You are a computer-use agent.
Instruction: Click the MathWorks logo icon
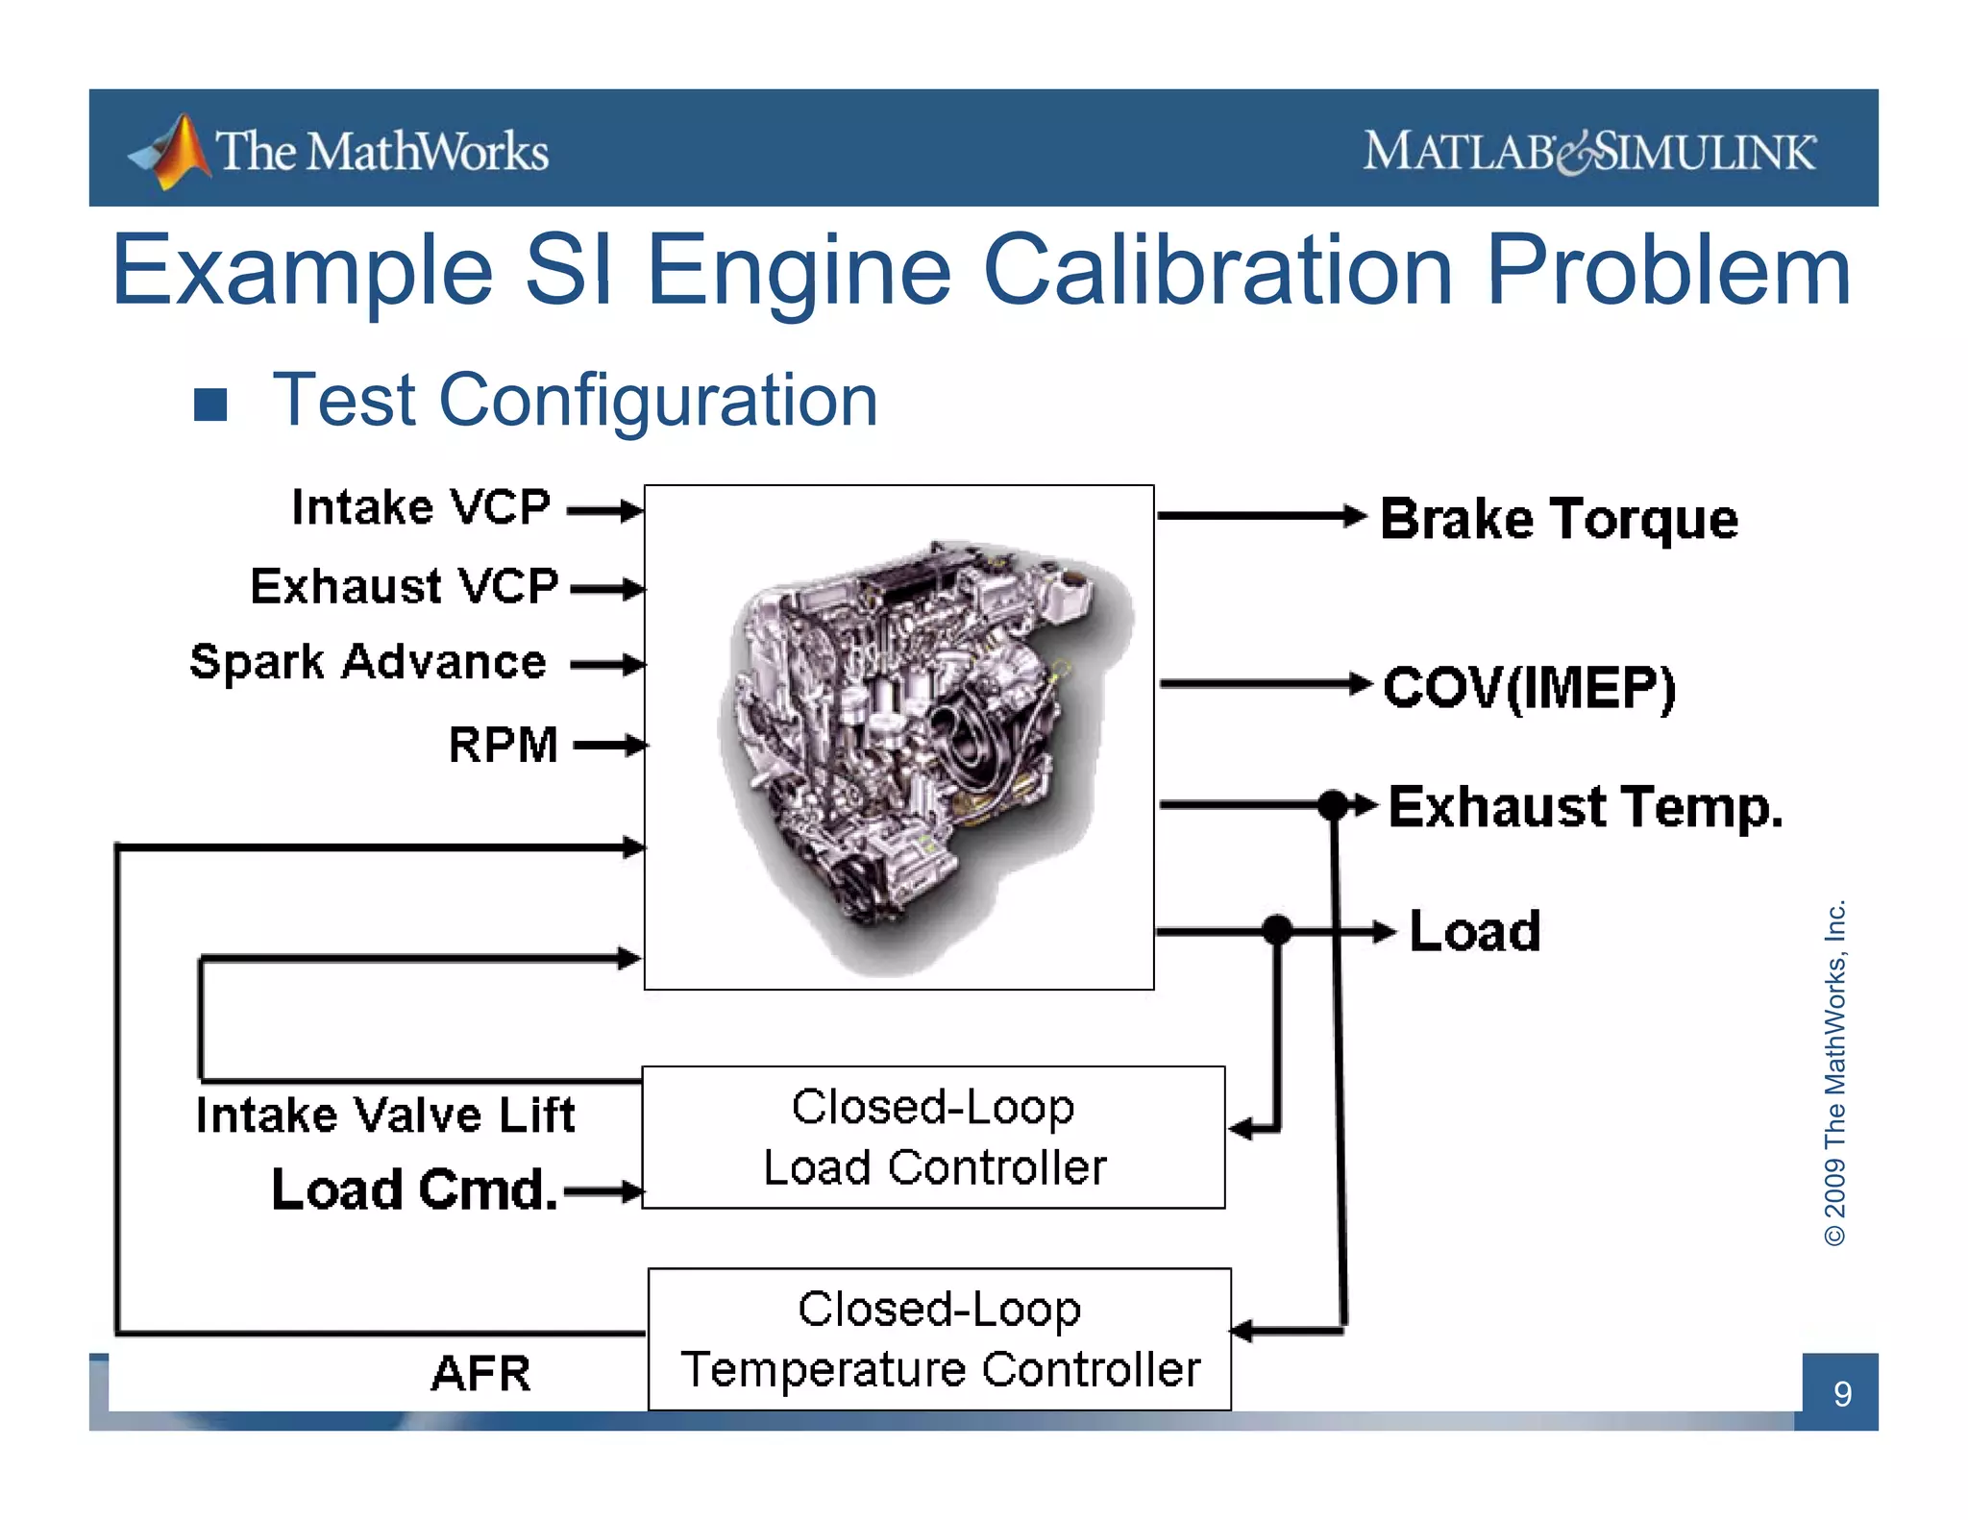(x=173, y=152)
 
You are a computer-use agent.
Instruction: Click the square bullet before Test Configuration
(x=210, y=405)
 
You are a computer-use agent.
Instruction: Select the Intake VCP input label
(x=421, y=507)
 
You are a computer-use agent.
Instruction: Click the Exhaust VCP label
(x=404, y=586)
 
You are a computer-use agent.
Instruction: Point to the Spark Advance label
(x=368, y=662)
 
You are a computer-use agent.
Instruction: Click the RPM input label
(x=503, y=745)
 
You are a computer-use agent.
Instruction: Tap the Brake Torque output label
(x=1559, y=520)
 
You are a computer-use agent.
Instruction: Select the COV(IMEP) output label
(x=1529, y=688)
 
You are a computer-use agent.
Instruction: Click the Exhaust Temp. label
(x=1586, y=807)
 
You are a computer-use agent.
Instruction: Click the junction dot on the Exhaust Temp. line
(x=1333, y=804)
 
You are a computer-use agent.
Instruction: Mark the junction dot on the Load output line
(x=1276, y=930)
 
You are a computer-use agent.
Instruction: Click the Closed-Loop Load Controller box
(x=933, y=1138)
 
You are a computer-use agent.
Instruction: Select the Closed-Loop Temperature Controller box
(x=939, y=1339)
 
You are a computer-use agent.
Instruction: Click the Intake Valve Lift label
(x=384, y=1115)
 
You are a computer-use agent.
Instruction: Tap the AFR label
(x=480, y=1373)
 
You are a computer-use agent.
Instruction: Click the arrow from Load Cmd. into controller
(x=603, y=1192)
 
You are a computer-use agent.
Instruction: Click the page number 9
(x=1841, y=1393)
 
